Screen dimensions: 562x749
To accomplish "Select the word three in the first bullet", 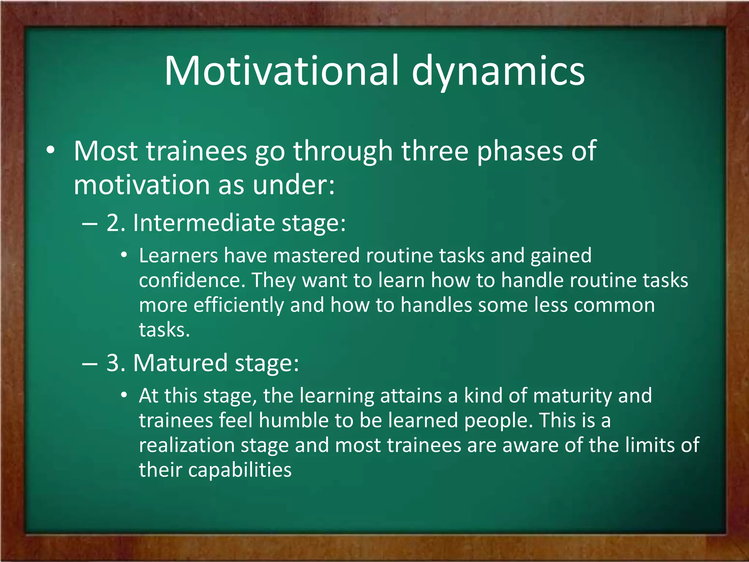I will pos(435,151).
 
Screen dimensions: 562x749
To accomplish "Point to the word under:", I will pos(294,185).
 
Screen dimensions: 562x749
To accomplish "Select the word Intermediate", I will pos(204,223).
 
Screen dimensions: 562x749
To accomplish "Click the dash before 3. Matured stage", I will pos(90,364).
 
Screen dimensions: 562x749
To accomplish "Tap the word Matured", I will pos(180,363).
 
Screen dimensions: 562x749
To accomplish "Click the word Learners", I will pos(178,255).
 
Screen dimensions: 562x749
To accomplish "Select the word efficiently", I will pos(238,306).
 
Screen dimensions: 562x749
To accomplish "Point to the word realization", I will pos(187,445).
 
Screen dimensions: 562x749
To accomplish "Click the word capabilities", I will pos(240,471).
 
